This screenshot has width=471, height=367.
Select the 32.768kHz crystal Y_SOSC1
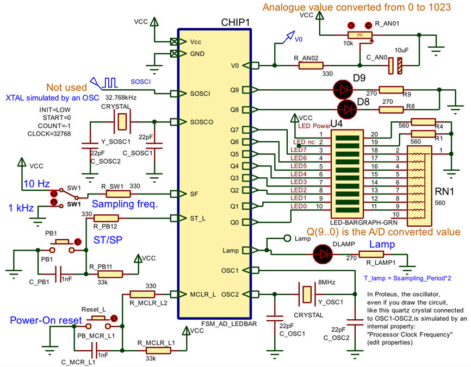(x=121, y=122)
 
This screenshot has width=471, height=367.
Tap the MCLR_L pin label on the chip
(x=202, y=295)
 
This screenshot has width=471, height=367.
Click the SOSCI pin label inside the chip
(x=200, y=94)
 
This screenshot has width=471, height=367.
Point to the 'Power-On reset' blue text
(x=38, y=320)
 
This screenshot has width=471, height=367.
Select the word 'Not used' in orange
(x=66, y=88)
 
